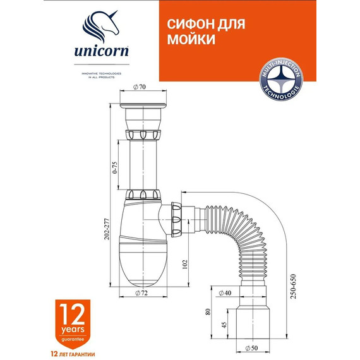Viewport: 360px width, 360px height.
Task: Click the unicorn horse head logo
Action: tap(100, 28)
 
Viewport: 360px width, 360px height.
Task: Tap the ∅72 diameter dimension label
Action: tap(143, 293)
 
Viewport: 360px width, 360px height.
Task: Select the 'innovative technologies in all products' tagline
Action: tap(100, 75)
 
